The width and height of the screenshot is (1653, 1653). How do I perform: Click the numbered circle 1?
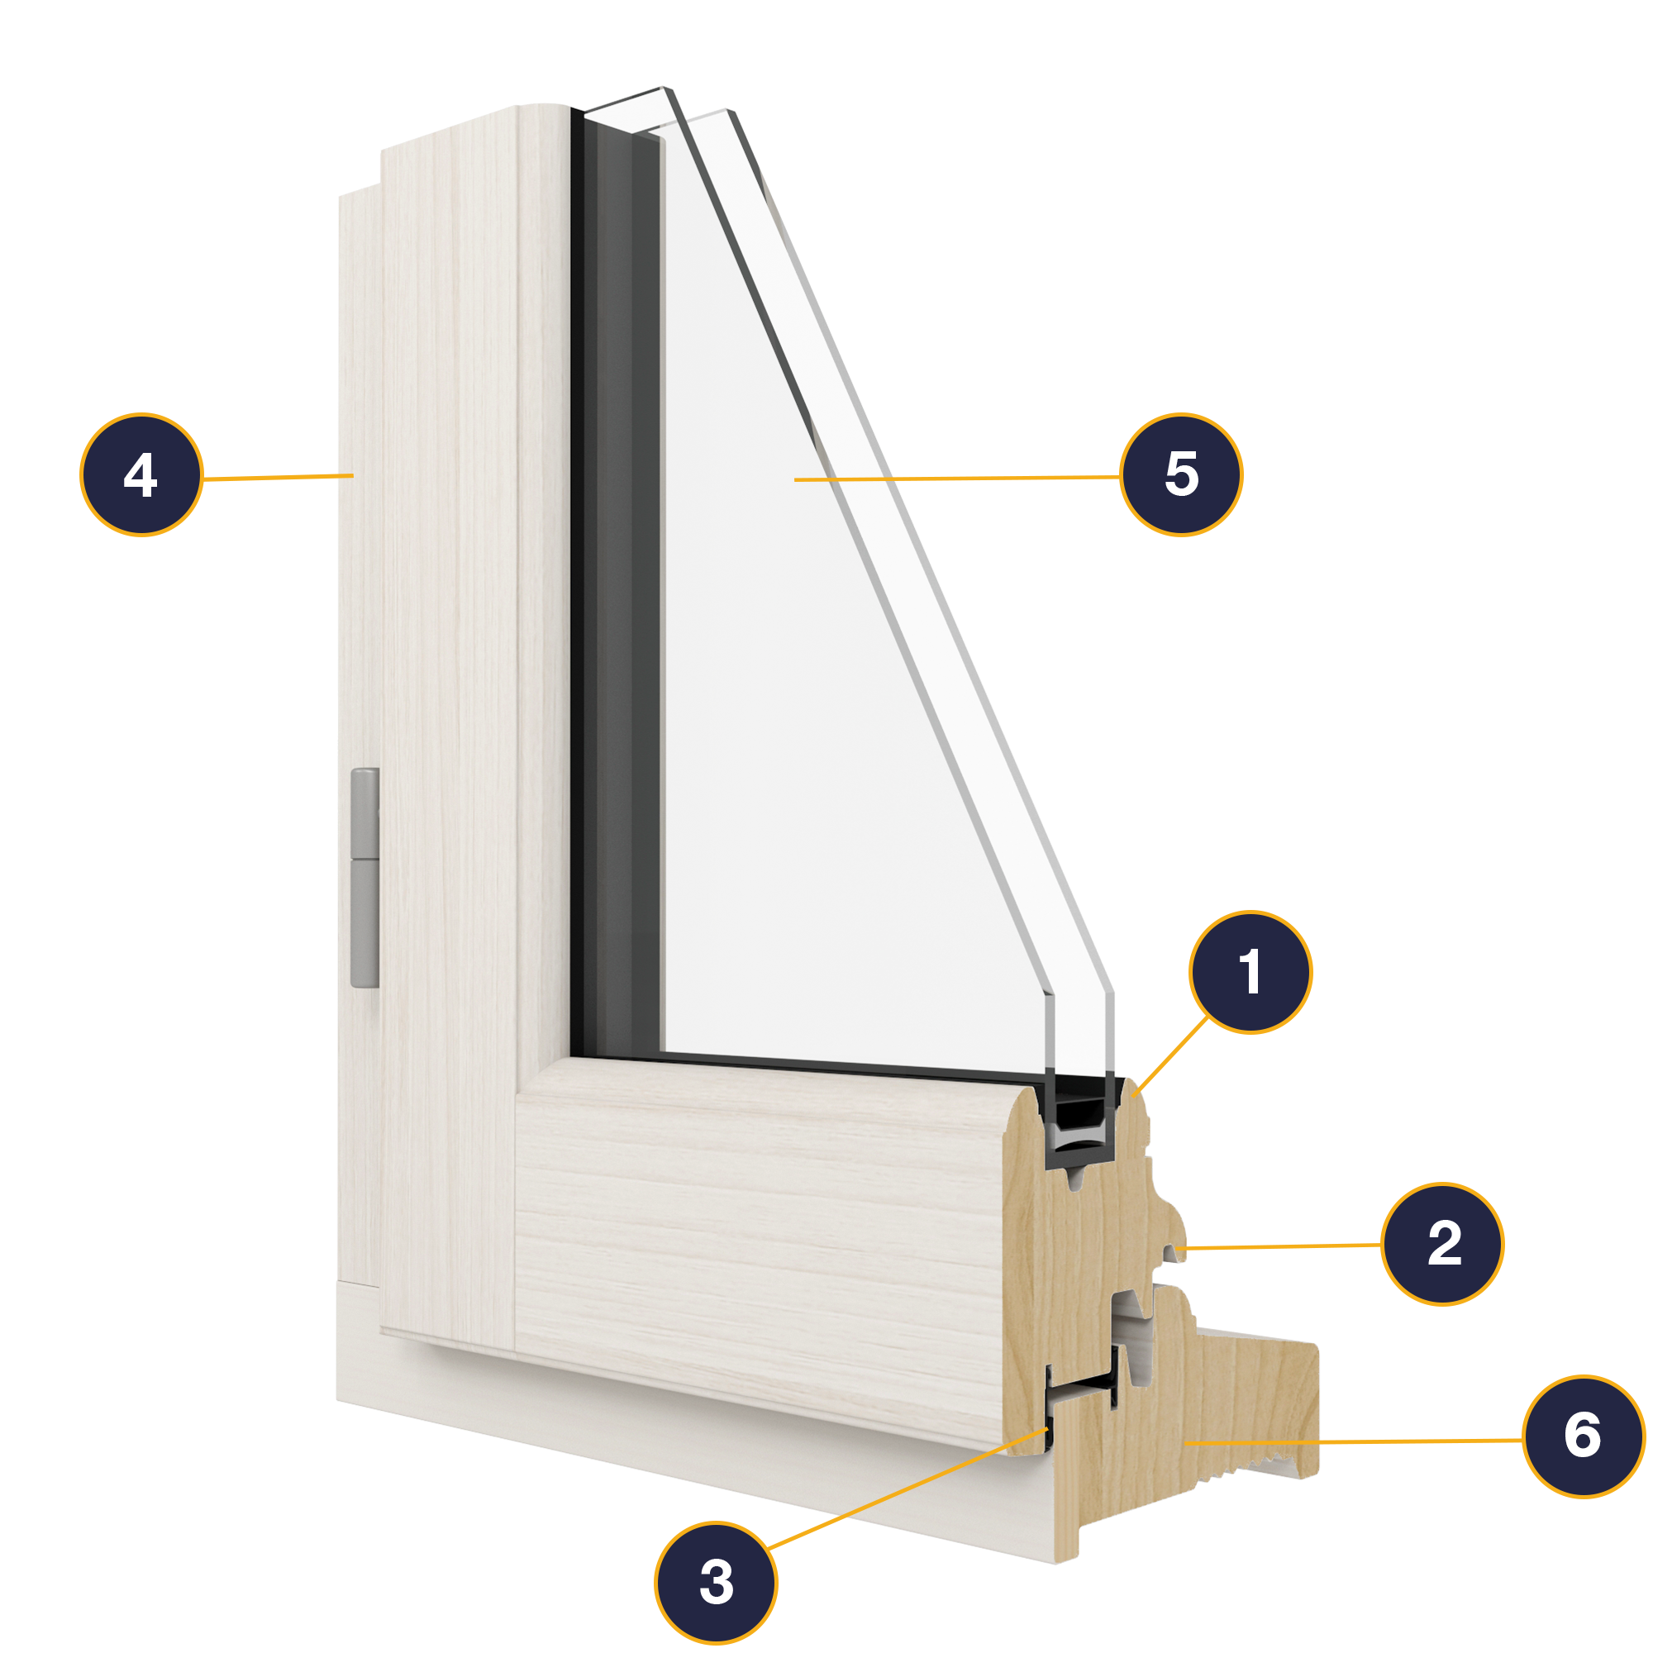(1250, 972)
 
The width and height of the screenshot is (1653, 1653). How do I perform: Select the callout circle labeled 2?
(1442, 1243)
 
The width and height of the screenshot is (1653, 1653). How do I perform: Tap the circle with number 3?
(716, 1582)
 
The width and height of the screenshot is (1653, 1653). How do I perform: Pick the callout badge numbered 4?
(141, 475)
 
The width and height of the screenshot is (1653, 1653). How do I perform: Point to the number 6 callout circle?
(1584, 1436)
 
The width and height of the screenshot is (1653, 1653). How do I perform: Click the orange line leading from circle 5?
(958, 479)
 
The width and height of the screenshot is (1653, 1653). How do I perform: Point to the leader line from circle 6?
(1352, 1441)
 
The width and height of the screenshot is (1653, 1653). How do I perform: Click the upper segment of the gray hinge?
(365, 812)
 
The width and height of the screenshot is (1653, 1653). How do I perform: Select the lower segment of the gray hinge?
(365, 924)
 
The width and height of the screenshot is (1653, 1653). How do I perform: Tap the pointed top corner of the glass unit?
(664, 89)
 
